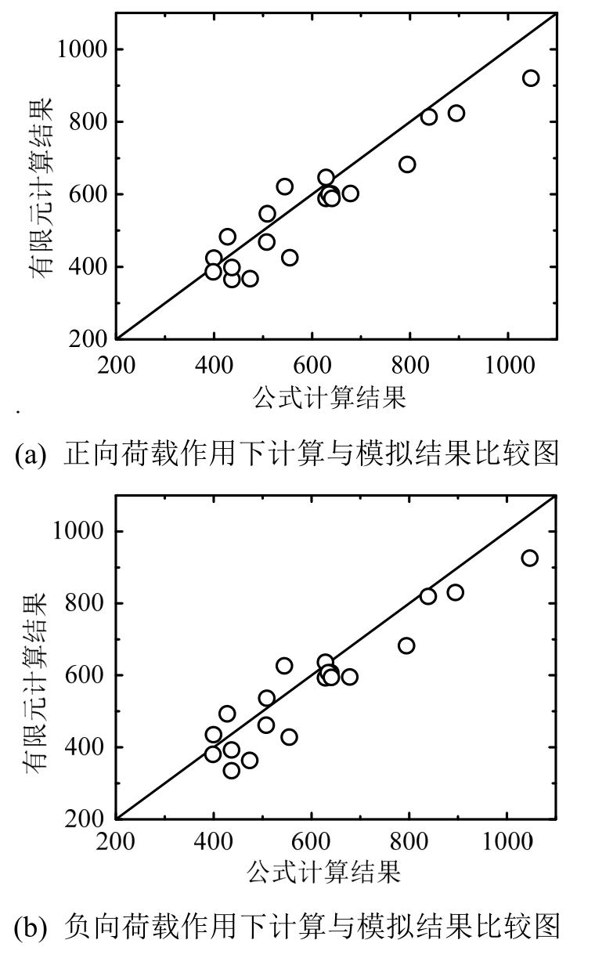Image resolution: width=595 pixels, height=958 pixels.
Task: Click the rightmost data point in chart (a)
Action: click(531, 78)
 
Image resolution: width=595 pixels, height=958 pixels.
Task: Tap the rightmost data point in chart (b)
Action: click(530, 558)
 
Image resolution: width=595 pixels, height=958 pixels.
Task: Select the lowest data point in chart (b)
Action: click(232, 770)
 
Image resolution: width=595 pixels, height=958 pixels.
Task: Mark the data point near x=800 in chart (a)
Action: click(407, 164)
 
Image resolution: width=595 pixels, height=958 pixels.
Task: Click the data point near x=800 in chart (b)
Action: click(406, 645)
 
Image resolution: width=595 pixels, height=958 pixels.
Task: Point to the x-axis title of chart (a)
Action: click(330, 399)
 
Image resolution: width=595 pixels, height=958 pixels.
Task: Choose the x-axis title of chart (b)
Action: click(324, 872)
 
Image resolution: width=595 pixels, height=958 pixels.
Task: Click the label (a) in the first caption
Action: click(30, 454)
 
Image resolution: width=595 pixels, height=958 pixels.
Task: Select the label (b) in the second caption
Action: click(30, 927)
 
